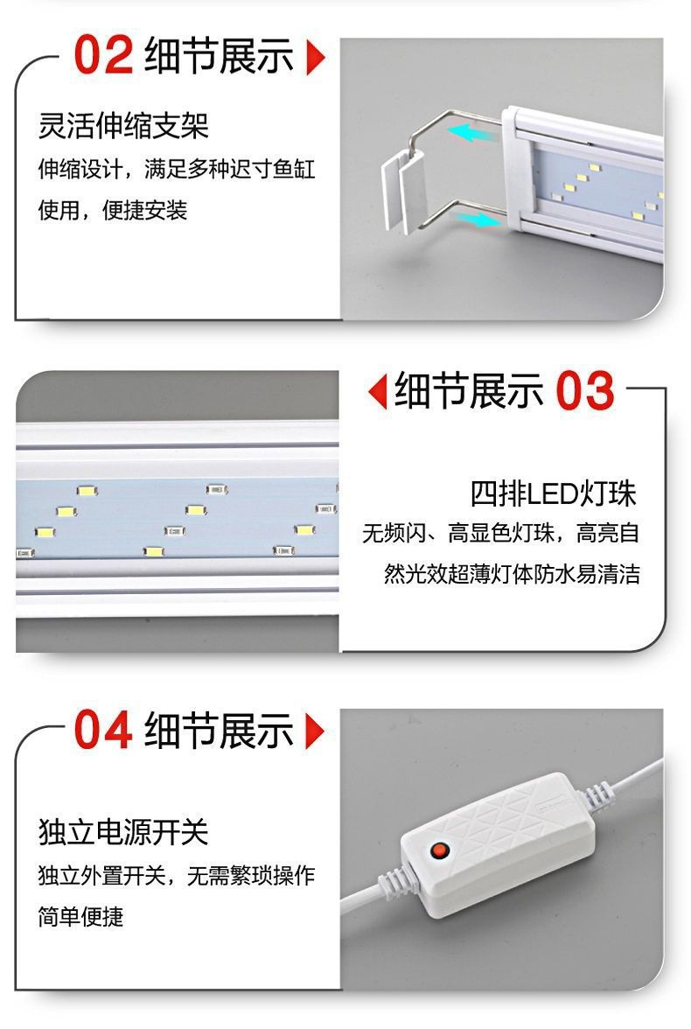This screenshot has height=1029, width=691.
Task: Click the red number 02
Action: pyautogui.click(x=103, y=56)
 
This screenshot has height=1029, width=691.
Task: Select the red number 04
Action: pyautogui.click(x=103, y=731)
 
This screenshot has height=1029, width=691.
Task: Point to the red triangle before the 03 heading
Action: pyautogui.click(x=377, y=391)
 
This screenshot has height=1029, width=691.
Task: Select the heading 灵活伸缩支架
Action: pyautogui.click(x=123, y=126)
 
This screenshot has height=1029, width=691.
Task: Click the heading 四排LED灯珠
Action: pyautogui.click(x=553, y=493)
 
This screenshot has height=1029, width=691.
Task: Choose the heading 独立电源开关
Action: pyautogui.click(x=123, y=832)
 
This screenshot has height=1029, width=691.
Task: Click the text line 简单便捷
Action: pyautogui.click(x=80, y=916)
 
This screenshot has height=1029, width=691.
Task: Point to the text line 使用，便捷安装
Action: pyautogui.click(x=113, y=210)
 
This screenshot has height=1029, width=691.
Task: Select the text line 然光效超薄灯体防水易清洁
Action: pyautogui.click(x=512, y=574)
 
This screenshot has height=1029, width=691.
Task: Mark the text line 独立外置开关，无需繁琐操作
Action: pyautogui.click(x=176, y=875)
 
